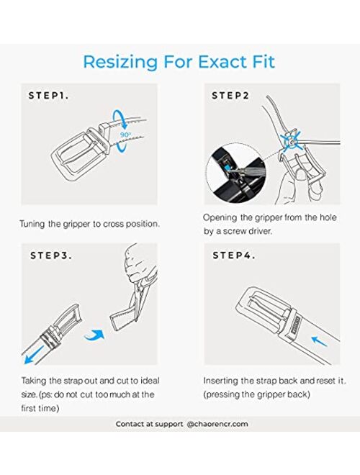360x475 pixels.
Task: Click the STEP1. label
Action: pos(48,96)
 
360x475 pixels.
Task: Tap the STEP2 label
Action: pos(230,96)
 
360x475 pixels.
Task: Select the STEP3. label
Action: pos(51,255)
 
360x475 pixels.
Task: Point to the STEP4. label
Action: pos(233,255)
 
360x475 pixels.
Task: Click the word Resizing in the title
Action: pos(120,62)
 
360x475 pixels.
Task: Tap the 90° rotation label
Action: pos(125,135)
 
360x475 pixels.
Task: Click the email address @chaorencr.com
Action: pos(217,424)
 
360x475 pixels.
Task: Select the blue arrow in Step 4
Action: pos(319,341)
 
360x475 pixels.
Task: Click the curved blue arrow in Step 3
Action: pos(94,335)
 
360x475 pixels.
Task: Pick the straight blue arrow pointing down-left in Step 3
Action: pos(35,354)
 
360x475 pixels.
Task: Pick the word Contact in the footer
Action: pos(132,424)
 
